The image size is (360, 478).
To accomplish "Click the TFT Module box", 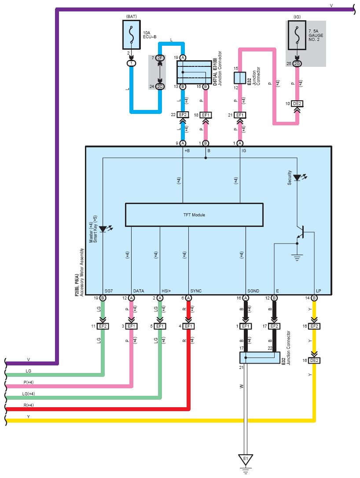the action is click(x=194, y=215).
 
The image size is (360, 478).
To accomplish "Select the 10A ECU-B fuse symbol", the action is click(x=132, y=35).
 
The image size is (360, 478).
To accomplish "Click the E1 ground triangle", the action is click(x=246, y=459).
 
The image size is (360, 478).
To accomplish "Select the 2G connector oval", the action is click(x=297, y=63).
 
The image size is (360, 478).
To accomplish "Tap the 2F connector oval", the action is click(x=160, y=58).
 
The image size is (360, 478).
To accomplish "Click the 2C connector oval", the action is click(x=160, y=87).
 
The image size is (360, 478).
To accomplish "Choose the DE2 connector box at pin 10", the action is click(x=297, y=104).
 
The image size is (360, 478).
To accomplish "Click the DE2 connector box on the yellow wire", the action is click(x=314, y=360).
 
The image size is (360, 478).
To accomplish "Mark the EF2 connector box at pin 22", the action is click(x=183, y=115).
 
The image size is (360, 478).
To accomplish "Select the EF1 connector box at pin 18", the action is click(x=206, y=115).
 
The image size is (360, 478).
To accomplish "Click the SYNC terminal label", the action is click(x=196, y=291).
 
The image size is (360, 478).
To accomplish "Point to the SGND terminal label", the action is click(x=253, y=291).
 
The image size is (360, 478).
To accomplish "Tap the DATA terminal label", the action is click(x=139, y=291).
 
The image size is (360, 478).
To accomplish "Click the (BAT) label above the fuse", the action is click(x=132, y=16).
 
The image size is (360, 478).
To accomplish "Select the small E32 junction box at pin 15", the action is click(x=240, y=78).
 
